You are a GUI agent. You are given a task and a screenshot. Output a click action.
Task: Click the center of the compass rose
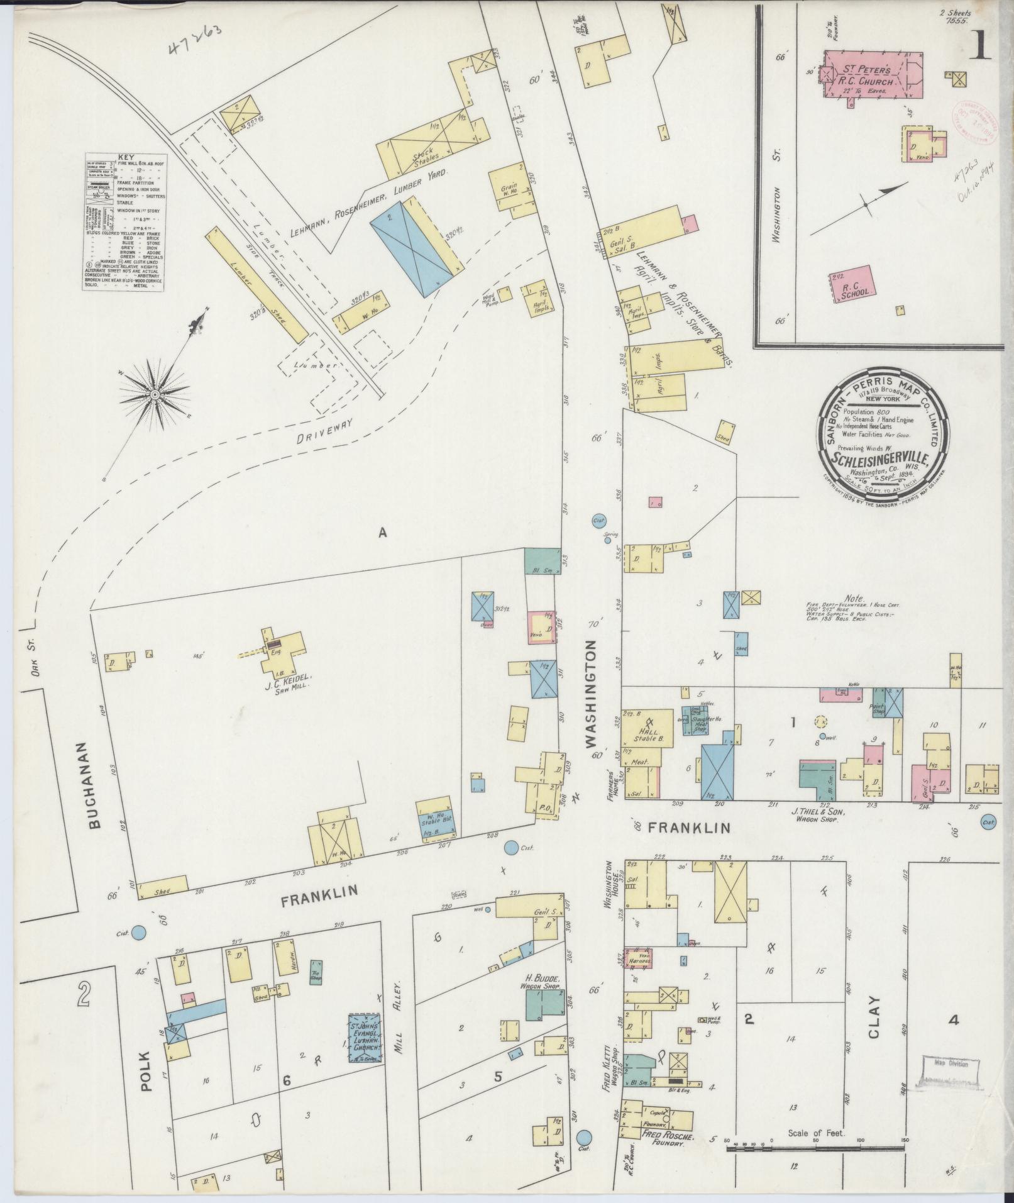click(x=154, y=394)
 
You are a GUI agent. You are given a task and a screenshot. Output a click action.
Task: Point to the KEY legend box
click(x=125, y=221)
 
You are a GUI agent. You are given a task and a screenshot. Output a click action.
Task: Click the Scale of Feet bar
click(x=815, y=1149)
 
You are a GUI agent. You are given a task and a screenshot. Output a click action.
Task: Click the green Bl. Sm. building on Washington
click(x=542, y=560)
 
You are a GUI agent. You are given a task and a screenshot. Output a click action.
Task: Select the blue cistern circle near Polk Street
click(x=140, y=933)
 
